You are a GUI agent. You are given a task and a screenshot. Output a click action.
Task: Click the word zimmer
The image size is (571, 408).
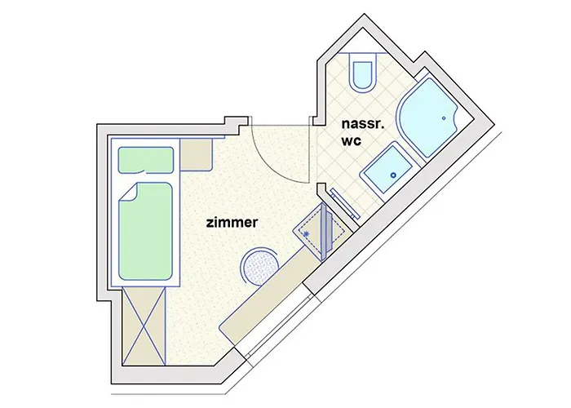(232, 221)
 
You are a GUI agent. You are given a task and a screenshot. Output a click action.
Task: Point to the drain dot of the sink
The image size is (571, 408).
(392, 174)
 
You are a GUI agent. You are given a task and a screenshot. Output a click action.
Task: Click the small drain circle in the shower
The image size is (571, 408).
(445, 118)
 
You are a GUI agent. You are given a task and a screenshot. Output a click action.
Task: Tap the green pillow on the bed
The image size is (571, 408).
(147, 161)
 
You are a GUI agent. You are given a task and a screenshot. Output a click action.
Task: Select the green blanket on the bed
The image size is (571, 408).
(147, 233)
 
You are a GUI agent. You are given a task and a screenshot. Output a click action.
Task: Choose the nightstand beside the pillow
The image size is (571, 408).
(196, 154)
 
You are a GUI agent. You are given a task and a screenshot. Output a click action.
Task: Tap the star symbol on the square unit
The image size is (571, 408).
(306, 234)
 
